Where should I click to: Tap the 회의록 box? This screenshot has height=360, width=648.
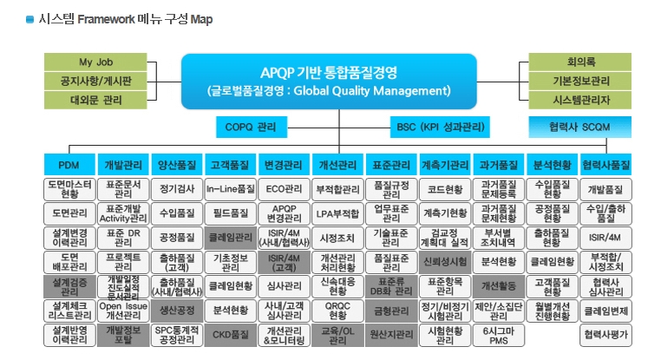click(x=580, y=62)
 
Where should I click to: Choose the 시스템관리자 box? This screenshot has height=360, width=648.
click(x=580, y=100)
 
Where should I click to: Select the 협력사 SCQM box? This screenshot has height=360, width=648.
click(x=580, y=127)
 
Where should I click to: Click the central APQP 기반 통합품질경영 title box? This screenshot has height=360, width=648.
click(x=330, y=81)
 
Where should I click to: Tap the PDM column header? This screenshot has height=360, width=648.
click(x=69, y=164)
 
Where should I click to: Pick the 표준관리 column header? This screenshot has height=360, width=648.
click(x=390, y=164)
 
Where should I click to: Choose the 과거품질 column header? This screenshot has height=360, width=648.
click(x=498, y=164)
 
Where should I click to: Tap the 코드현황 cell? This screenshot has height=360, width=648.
click(x=444, y=188)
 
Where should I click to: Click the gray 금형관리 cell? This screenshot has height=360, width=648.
click(x=390, y=310)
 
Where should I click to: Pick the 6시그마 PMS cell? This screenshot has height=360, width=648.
click(x=498, y=334)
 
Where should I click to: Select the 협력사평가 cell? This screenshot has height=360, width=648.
click(x=605, y=334)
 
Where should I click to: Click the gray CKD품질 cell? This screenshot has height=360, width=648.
click(x=230, y=334)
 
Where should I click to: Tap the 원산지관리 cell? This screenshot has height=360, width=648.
click(x=390, y=334)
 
